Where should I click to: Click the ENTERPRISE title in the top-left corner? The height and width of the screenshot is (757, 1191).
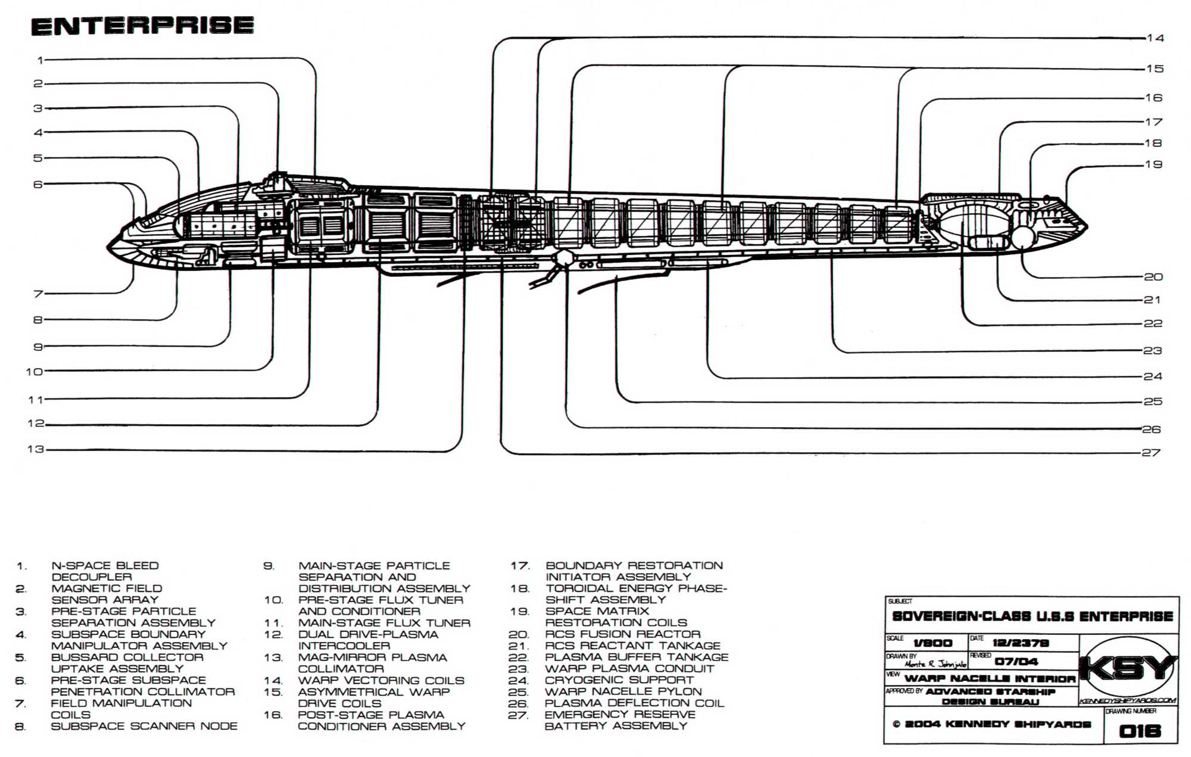[142, 26]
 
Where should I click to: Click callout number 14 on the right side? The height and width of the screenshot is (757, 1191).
[1155, 38]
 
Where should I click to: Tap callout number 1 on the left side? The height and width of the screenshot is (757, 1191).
[40, 60]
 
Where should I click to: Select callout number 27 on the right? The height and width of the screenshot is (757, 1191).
[1151, 453]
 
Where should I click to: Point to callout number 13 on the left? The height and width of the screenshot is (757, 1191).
[36, 449]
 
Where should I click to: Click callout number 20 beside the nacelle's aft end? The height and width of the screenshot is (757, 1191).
[1153, 277]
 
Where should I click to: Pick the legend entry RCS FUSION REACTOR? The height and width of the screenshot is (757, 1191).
[622, 634]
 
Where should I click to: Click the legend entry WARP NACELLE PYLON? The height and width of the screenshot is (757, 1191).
[623, 691]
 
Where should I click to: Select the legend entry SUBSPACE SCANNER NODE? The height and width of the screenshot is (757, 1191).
[144, 726]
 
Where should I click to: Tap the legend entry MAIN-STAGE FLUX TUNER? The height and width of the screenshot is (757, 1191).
[384, 623]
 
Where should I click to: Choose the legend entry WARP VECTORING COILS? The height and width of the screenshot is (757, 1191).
[381, 680]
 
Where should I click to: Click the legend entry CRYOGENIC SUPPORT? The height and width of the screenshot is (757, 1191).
[619, 680]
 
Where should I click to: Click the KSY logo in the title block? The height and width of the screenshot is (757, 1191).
[1128, 668]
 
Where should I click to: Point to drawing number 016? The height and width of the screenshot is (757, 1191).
[1140, 731]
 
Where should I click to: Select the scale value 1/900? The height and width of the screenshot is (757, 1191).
[933, 643]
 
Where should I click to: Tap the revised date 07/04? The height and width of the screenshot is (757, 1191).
[1016, 661]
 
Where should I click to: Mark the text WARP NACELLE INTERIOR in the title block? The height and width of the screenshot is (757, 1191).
[990, 678]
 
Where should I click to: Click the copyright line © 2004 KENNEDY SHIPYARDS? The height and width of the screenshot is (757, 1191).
[992, 724]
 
